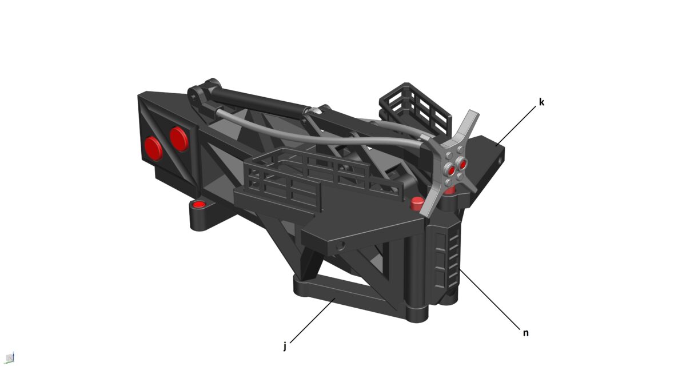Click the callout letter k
(x=541, y=103)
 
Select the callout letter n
(x=525, y=332)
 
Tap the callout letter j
(x=284, y=345)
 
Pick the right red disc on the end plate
(x=179, y=138)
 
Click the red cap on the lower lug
(x=199, y=205)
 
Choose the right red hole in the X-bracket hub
(x=462, y=165)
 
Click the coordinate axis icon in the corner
(x=10, y=358)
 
